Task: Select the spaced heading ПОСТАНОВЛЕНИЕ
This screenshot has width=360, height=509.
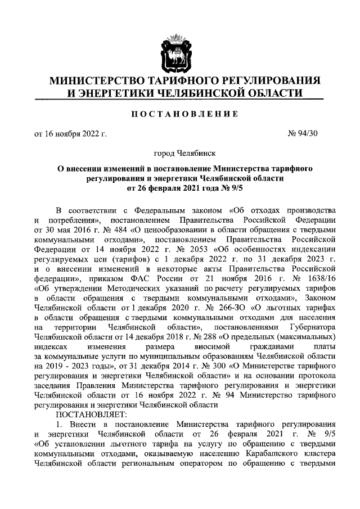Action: [x=180, y=114]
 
